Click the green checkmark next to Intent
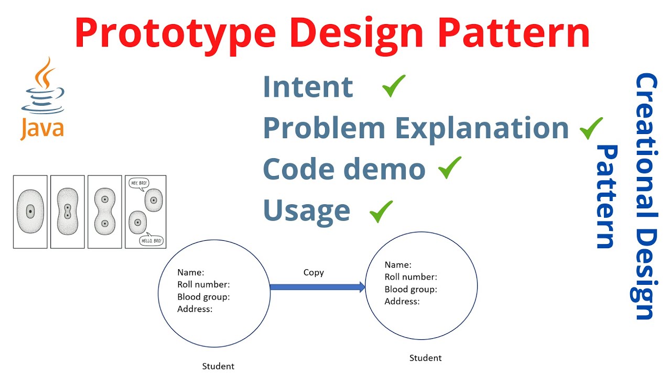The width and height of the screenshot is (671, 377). click(394, 86)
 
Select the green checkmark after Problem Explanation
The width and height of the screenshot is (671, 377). click(591, 128)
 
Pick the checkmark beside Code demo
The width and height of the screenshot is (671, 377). click(450, 168)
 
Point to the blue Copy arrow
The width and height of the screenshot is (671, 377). click(318, 286)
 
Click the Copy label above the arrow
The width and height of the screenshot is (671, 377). click(313, 272)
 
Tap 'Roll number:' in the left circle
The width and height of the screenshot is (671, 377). click(203, 284)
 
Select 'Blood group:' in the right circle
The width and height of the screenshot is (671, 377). click(410, 289)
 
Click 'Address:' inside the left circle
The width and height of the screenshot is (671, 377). click(194, 309)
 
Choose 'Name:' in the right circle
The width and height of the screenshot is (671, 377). click(398, 265)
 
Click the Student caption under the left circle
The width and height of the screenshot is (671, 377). click(218, 366)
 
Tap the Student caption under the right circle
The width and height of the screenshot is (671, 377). click(425, 358)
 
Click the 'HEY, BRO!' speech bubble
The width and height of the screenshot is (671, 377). click(137, 183)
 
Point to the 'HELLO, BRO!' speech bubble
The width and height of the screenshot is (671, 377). click(152, 241)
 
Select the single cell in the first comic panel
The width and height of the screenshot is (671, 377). click(30, 212)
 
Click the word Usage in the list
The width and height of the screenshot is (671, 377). click(307, 210)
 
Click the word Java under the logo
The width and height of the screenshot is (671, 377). click(42, 128)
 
